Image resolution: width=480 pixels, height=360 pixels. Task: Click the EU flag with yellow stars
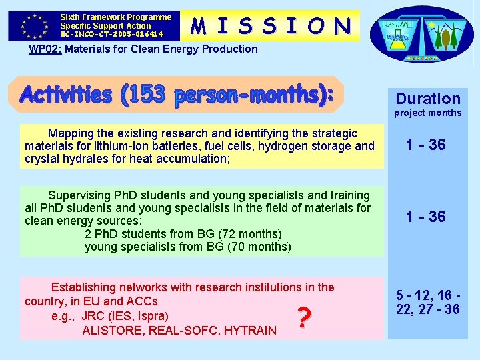(x=33, y=25)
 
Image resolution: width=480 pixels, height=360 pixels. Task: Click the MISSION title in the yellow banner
(x=271, y=25)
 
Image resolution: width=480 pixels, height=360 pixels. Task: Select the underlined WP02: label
(x=45, y=49)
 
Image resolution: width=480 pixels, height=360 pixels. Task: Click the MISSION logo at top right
(x=421, y=33)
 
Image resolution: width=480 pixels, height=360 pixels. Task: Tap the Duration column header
(x=428, y=99)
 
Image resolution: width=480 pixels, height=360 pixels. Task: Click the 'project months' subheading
(x=427, y=113)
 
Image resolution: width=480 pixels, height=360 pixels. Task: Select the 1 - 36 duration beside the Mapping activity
(x=427, y=145)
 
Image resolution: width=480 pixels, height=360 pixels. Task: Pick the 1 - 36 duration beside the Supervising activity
(x=427, y=217)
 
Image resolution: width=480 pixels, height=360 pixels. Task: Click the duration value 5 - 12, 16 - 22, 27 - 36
(x=427, y=302)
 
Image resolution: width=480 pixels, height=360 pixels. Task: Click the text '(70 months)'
(x=259, y=247)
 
